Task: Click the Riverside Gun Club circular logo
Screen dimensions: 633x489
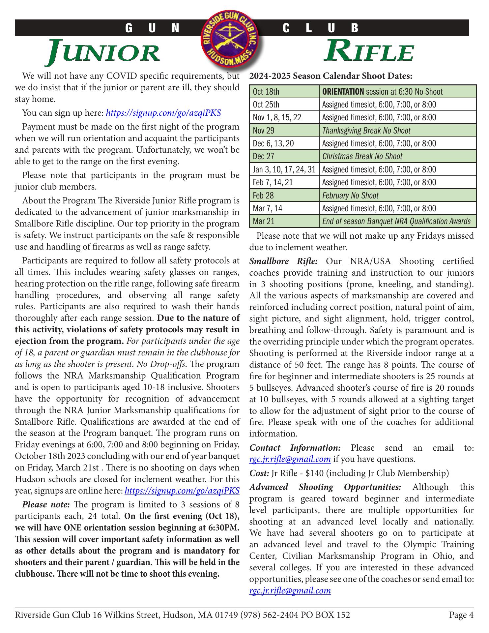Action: pos(231,37)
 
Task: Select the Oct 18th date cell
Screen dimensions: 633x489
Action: pos(284,92)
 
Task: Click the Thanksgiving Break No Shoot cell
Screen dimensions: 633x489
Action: pos(398,131)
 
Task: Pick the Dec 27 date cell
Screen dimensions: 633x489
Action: pos(284,156)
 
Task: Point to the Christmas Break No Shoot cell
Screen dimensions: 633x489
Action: pos(398,156)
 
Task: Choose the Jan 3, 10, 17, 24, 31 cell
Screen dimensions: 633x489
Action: pos(284,169)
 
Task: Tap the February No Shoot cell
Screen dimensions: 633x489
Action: pos(398,196)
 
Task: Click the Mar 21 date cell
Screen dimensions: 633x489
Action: pos(284,221)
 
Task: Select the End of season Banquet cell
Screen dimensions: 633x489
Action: pos(398,221)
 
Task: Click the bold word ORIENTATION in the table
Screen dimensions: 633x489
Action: pos(343,92)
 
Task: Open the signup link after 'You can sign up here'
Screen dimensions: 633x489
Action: pos(163,113)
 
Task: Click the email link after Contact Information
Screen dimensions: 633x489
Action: pos(290,459)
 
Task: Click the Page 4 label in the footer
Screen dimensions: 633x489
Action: pos(461,615)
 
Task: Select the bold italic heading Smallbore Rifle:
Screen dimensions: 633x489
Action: pos(283,261)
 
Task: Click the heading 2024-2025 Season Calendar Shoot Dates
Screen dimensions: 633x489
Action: pos(331,76)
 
